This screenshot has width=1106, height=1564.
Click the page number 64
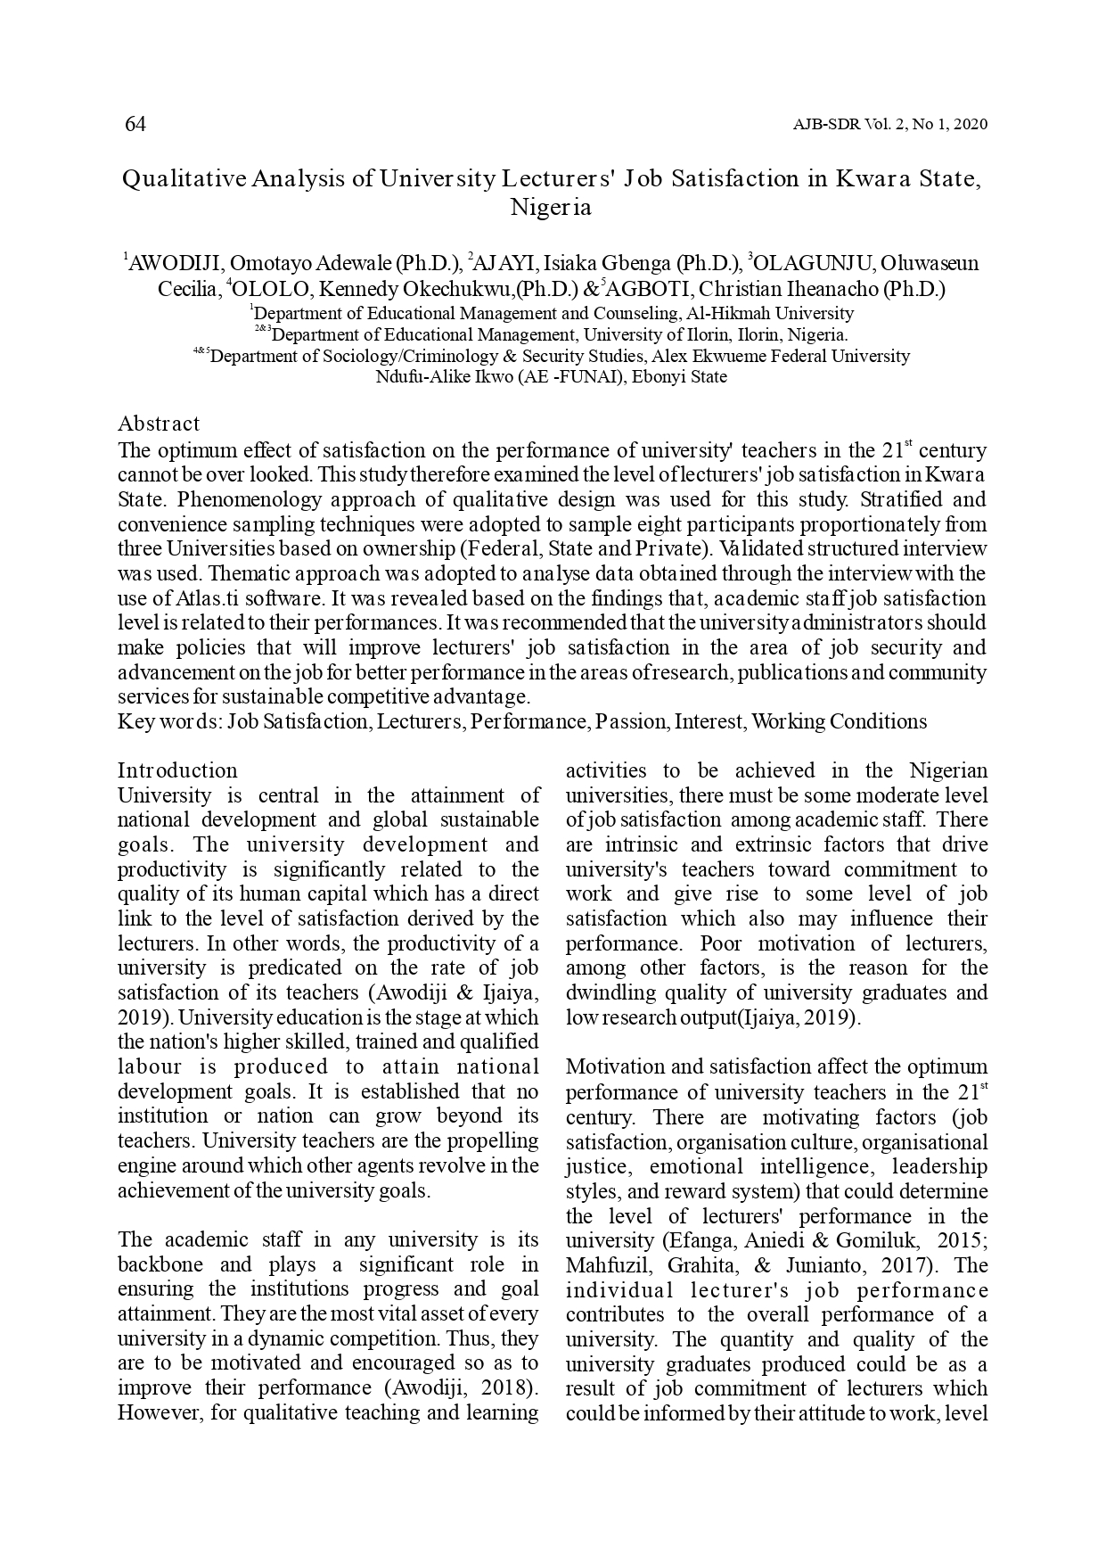coord(135,124)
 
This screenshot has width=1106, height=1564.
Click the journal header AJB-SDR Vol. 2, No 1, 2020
coord(889,125)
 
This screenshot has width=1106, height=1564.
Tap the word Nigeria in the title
coord(551,209)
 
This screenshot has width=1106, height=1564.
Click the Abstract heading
coord(159,424)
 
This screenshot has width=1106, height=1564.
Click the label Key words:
coord(169,721)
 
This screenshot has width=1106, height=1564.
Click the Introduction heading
coord(177,770)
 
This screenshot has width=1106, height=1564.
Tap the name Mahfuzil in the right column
coord(603,1265)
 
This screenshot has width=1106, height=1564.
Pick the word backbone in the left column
coord(160,1264)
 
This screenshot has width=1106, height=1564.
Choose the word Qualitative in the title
coord(184,179)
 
